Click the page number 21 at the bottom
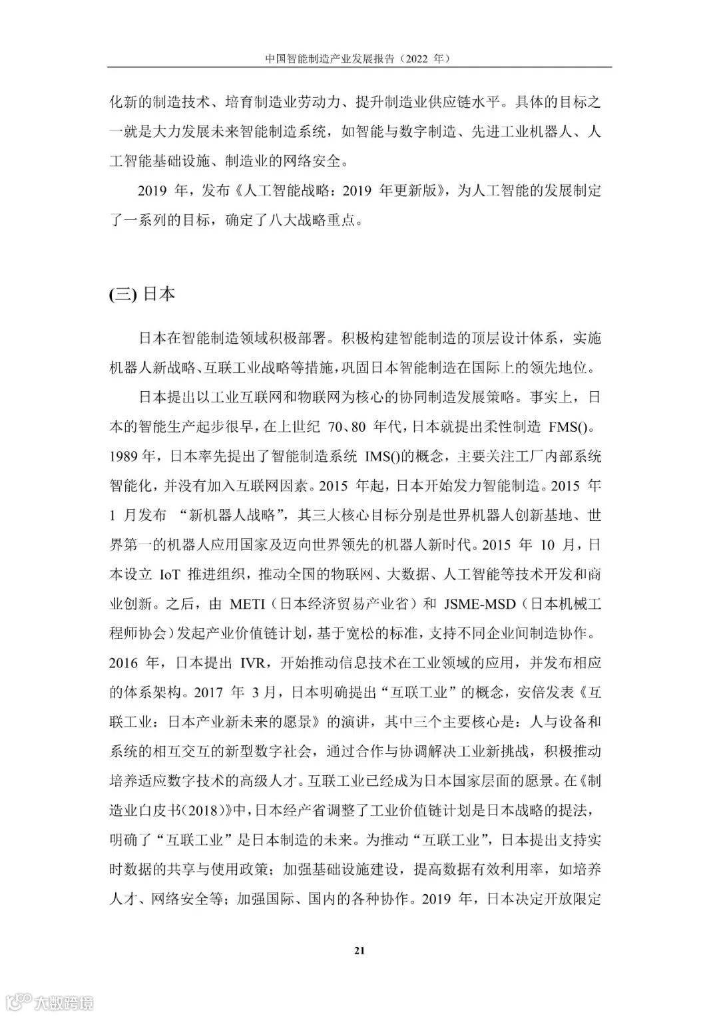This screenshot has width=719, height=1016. coord(359,950)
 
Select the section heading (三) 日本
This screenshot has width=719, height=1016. coord(142,294)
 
